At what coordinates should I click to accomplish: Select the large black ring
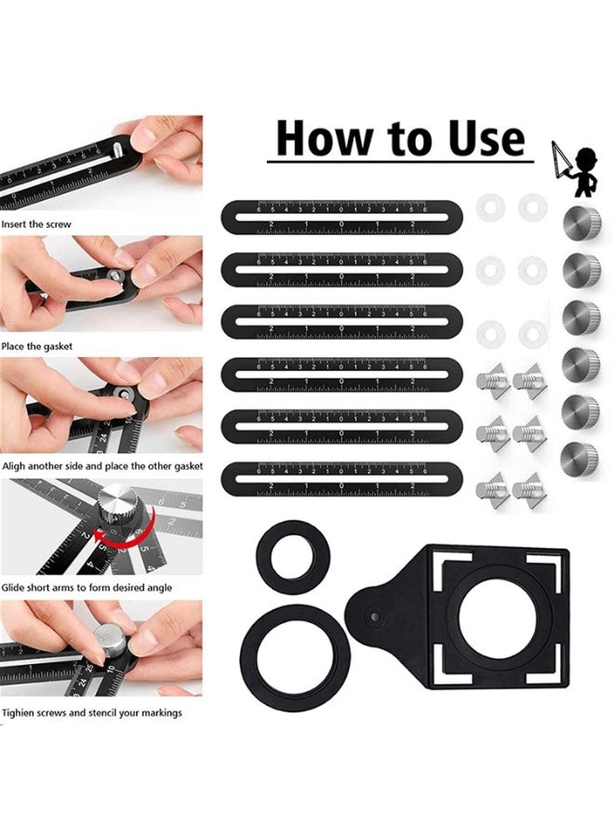(x=290, y=642)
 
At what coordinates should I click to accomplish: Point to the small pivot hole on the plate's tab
(x=373, y=615)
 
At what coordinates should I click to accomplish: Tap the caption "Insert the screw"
(x=36, y=224)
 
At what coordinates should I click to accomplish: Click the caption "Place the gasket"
(x=37, y=346)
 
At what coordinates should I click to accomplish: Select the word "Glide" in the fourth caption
(x=15, y=588)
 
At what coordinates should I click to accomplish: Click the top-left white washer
(x=490, y=207)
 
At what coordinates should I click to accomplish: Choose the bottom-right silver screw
(x=529, y=487)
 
